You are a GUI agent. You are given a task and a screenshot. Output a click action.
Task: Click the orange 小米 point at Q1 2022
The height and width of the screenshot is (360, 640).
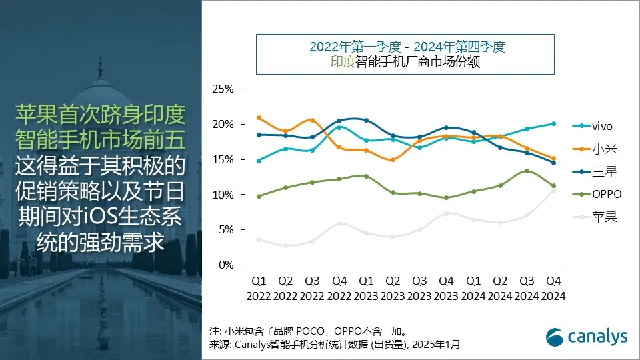pos(259,118)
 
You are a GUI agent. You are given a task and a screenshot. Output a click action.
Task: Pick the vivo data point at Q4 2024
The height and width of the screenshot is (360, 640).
pos(553,123)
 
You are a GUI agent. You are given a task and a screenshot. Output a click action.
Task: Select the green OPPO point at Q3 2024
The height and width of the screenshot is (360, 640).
pos(527,171)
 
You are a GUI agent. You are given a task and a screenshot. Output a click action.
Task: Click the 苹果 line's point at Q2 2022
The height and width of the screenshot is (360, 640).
pos(285,245)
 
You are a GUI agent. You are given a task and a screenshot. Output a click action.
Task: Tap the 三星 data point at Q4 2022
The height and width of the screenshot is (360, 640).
pos(339,121)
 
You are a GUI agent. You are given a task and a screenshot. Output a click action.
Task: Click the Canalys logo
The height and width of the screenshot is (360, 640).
pos(587,337)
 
